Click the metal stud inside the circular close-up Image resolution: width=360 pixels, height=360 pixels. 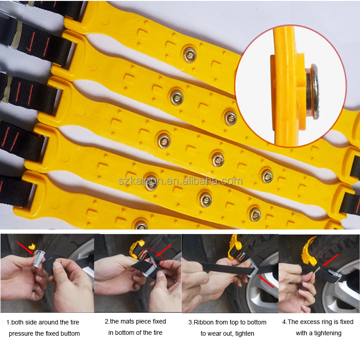click(312, 91)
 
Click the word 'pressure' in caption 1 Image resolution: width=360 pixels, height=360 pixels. click(22, 333)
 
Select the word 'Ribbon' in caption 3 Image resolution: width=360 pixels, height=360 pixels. click(203, 322)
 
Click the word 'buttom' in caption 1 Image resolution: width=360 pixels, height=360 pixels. click(69, 333)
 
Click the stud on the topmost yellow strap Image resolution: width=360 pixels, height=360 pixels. click(189, 54)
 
